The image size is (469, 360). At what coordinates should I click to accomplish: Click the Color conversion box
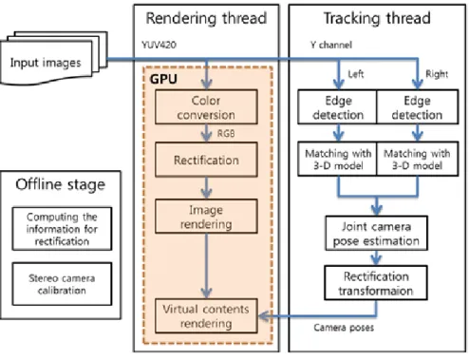206,107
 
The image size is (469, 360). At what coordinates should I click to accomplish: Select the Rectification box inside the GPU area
206,160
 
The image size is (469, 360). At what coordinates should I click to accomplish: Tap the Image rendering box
206,217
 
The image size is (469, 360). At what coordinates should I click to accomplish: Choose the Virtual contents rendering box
206,315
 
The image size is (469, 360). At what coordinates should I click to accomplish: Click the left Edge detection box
337,106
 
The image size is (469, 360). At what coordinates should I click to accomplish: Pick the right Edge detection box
418,106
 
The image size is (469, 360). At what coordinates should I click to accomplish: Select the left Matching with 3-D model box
337,159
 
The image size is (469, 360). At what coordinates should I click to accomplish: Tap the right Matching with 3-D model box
418,159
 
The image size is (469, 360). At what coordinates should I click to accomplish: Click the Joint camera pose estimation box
376,234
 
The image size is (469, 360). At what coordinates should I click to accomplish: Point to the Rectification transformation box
376,283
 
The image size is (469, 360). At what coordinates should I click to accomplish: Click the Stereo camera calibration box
62,284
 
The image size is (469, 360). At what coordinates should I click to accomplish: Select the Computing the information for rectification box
62,229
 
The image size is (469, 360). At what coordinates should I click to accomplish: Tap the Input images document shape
54,58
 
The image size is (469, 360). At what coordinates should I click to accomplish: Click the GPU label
163,79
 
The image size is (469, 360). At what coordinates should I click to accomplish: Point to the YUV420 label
159,45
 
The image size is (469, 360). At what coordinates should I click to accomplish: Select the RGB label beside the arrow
226,133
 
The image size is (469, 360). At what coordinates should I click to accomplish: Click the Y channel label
331,45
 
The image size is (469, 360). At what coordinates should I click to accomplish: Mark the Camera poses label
344,327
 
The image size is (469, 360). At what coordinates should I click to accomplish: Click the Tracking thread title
377,18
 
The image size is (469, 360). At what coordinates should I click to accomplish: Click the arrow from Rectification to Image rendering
206,188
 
